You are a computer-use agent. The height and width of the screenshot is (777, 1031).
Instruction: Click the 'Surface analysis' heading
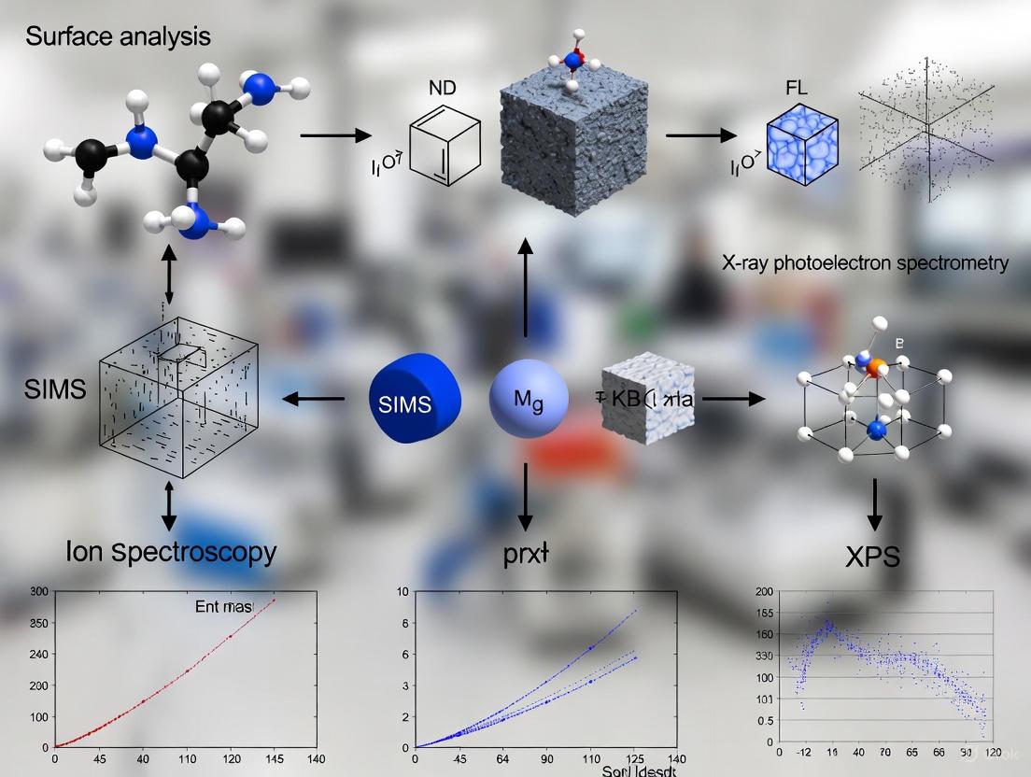tap(119, 37)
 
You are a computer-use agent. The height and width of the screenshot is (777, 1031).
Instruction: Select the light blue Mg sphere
tap(529, 400)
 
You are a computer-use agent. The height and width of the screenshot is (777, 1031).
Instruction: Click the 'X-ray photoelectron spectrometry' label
tap(865, 263)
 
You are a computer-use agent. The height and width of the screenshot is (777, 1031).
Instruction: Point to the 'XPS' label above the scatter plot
tap(872, 558)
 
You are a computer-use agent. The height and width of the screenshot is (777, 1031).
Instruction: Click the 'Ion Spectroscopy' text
tap(171, 552)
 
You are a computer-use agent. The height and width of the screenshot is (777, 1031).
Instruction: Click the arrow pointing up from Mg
tap(526, 285)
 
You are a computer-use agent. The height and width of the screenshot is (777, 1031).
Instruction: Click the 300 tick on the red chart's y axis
tap(38, 591)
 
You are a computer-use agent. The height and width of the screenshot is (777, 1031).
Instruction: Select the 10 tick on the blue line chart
tap(403, 592)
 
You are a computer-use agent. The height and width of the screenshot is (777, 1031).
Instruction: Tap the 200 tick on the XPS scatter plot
tap(764, 592)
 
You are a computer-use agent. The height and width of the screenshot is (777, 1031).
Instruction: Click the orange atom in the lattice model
tap(873, 370)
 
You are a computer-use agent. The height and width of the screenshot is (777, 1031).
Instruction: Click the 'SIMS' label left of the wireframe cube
tap(55, 389)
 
